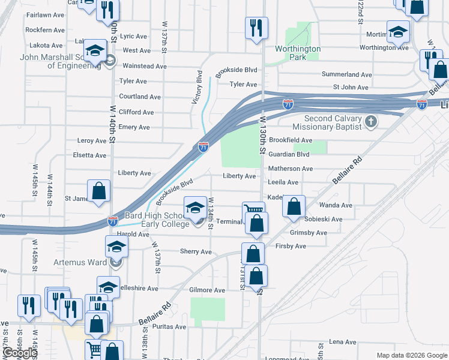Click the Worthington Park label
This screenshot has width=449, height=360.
[298, 53]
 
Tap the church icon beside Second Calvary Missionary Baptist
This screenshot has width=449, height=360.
[371, 122]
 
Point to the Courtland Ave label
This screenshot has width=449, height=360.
[140, 97]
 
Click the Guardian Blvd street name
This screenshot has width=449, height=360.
[289, 154]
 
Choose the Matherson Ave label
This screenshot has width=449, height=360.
[290, 169]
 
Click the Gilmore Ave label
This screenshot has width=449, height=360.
[207, 290]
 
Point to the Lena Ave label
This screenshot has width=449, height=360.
[343, 342]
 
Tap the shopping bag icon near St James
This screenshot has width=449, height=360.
[99, 192]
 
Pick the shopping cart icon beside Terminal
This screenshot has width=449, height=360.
[253, 212]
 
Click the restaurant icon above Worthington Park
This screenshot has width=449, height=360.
[256, 28]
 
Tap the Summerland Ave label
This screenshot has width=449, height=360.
[347, 74]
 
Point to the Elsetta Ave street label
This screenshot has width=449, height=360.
[89, 155]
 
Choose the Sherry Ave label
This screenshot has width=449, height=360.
[196, 252]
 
